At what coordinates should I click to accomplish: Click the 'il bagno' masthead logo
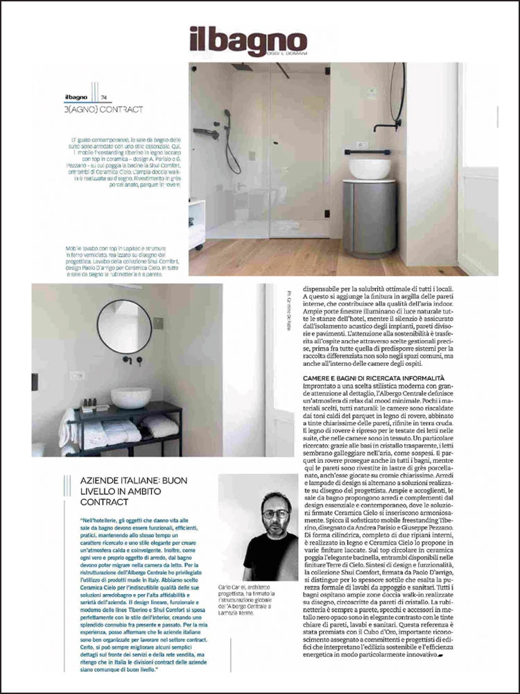248,41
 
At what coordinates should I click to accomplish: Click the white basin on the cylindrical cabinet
370,169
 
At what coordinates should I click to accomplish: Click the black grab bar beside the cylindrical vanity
361,151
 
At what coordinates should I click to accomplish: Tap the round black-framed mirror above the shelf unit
124,325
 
